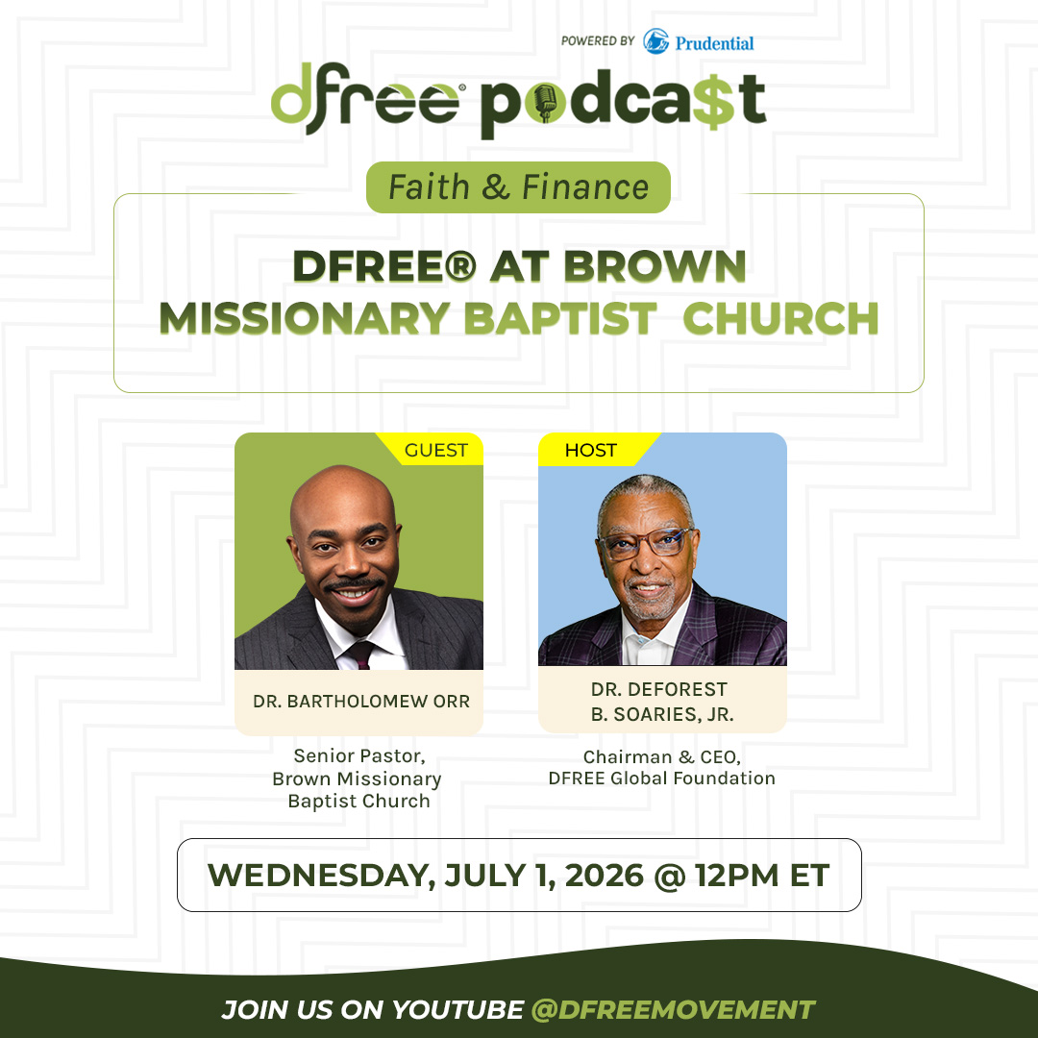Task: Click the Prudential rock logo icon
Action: pyautogui.click(x=655, y=41)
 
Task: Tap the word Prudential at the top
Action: pyautogui.click(x=714, y=43)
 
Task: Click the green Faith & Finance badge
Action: pyautogui.click(x=518, y=187)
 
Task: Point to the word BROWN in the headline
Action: pyautogui.click(x=655, y=266)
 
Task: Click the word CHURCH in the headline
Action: pyautogui.click(x=780, y=318)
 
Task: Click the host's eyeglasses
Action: pyautogui.click(x=645, y=543)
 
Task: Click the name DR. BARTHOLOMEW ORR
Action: pyautogui.click(x=361, y=701)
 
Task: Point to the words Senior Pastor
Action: pyautogui.click(x=359, y=756)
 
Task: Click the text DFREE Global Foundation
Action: pyautogui.click(x=662, y=778)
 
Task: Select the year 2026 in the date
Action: pyautogui.click(x=604, y=876)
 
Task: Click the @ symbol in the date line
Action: pyautogui.click(x=669, y=876)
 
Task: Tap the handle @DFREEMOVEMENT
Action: pyautogui.click(x=673, y=1009)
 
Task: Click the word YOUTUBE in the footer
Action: pyautogui.click(x=457, y=1009)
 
